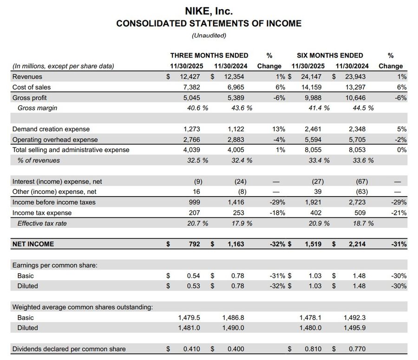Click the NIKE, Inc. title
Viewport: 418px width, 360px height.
point(209,10)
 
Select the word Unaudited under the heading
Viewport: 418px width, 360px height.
point(209,35)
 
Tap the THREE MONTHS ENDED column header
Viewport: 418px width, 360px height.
point(209,55)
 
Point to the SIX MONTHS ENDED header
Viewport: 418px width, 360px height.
point(330,55)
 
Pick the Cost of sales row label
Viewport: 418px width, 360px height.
point(32,87)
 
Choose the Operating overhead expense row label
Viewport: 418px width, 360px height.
point(55,140)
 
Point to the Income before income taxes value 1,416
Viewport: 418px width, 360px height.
point(235,202)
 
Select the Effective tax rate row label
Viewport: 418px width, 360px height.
point(42,223)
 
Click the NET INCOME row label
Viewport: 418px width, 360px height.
point(33,244)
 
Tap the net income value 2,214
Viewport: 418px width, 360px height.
point(356,244)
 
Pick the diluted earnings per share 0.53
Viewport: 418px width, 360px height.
point(193,286)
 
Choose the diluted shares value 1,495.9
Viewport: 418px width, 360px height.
point(355,328)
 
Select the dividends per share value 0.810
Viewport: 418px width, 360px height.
point(312,349)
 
